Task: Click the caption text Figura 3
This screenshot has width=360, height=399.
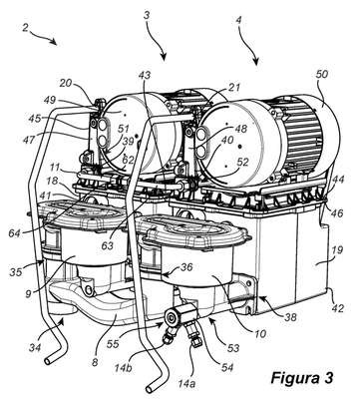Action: (x=301, y=378)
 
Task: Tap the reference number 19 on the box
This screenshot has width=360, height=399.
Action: (x=337, y=250)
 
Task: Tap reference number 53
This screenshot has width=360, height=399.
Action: (x=232, y=348)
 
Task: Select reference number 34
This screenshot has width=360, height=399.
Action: (x=34, y=347)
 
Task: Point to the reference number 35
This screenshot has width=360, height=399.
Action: (x=16, y=271)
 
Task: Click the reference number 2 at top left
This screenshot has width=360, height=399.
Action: (x=25, y=28)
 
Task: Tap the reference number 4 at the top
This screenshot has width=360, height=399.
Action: (x=238, y=20)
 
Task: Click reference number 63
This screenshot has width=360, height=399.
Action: (x=109, y=246)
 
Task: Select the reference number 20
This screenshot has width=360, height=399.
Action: (x=67, y=83)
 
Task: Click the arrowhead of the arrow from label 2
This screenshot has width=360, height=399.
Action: (x=55, y=42)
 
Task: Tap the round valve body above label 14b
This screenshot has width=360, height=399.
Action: (x=173, y=318)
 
